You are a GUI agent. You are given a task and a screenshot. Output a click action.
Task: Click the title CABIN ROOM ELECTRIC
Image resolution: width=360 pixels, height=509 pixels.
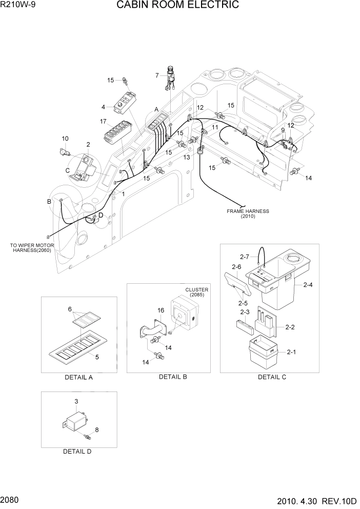coord(177,6)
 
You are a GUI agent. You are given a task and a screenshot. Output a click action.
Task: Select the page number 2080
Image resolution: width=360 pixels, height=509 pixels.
coord(11,499)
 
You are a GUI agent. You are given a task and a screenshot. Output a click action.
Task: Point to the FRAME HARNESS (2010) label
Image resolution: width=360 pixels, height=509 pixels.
coord(248,213)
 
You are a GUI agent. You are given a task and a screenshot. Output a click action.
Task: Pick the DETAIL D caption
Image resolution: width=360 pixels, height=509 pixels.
coord(77,452)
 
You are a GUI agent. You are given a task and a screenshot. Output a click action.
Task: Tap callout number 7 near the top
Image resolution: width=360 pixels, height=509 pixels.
coord(157,76)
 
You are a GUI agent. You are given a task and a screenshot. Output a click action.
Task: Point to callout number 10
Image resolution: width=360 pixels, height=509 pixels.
coord(65,139)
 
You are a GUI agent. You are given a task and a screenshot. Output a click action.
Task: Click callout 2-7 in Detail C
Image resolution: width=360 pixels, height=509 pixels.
coord(244,256)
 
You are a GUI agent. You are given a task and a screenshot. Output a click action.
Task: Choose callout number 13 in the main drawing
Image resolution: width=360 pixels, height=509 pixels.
coord(187,157)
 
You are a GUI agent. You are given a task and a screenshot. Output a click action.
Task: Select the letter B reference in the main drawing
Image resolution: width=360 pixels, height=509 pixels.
coord(49,202)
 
